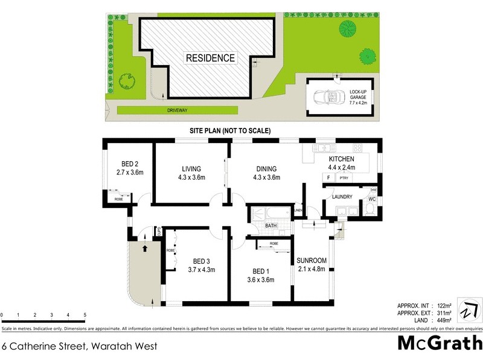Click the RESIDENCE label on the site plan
point(210,59)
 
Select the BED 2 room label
point(130,164)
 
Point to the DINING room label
point(266,168)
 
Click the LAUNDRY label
point(341,197)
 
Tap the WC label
point(372,199)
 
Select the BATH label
point(271,226)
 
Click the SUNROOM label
point(312,261)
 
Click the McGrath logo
point(439,344)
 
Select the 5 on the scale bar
point(85,316)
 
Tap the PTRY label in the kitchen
point(344,178)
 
